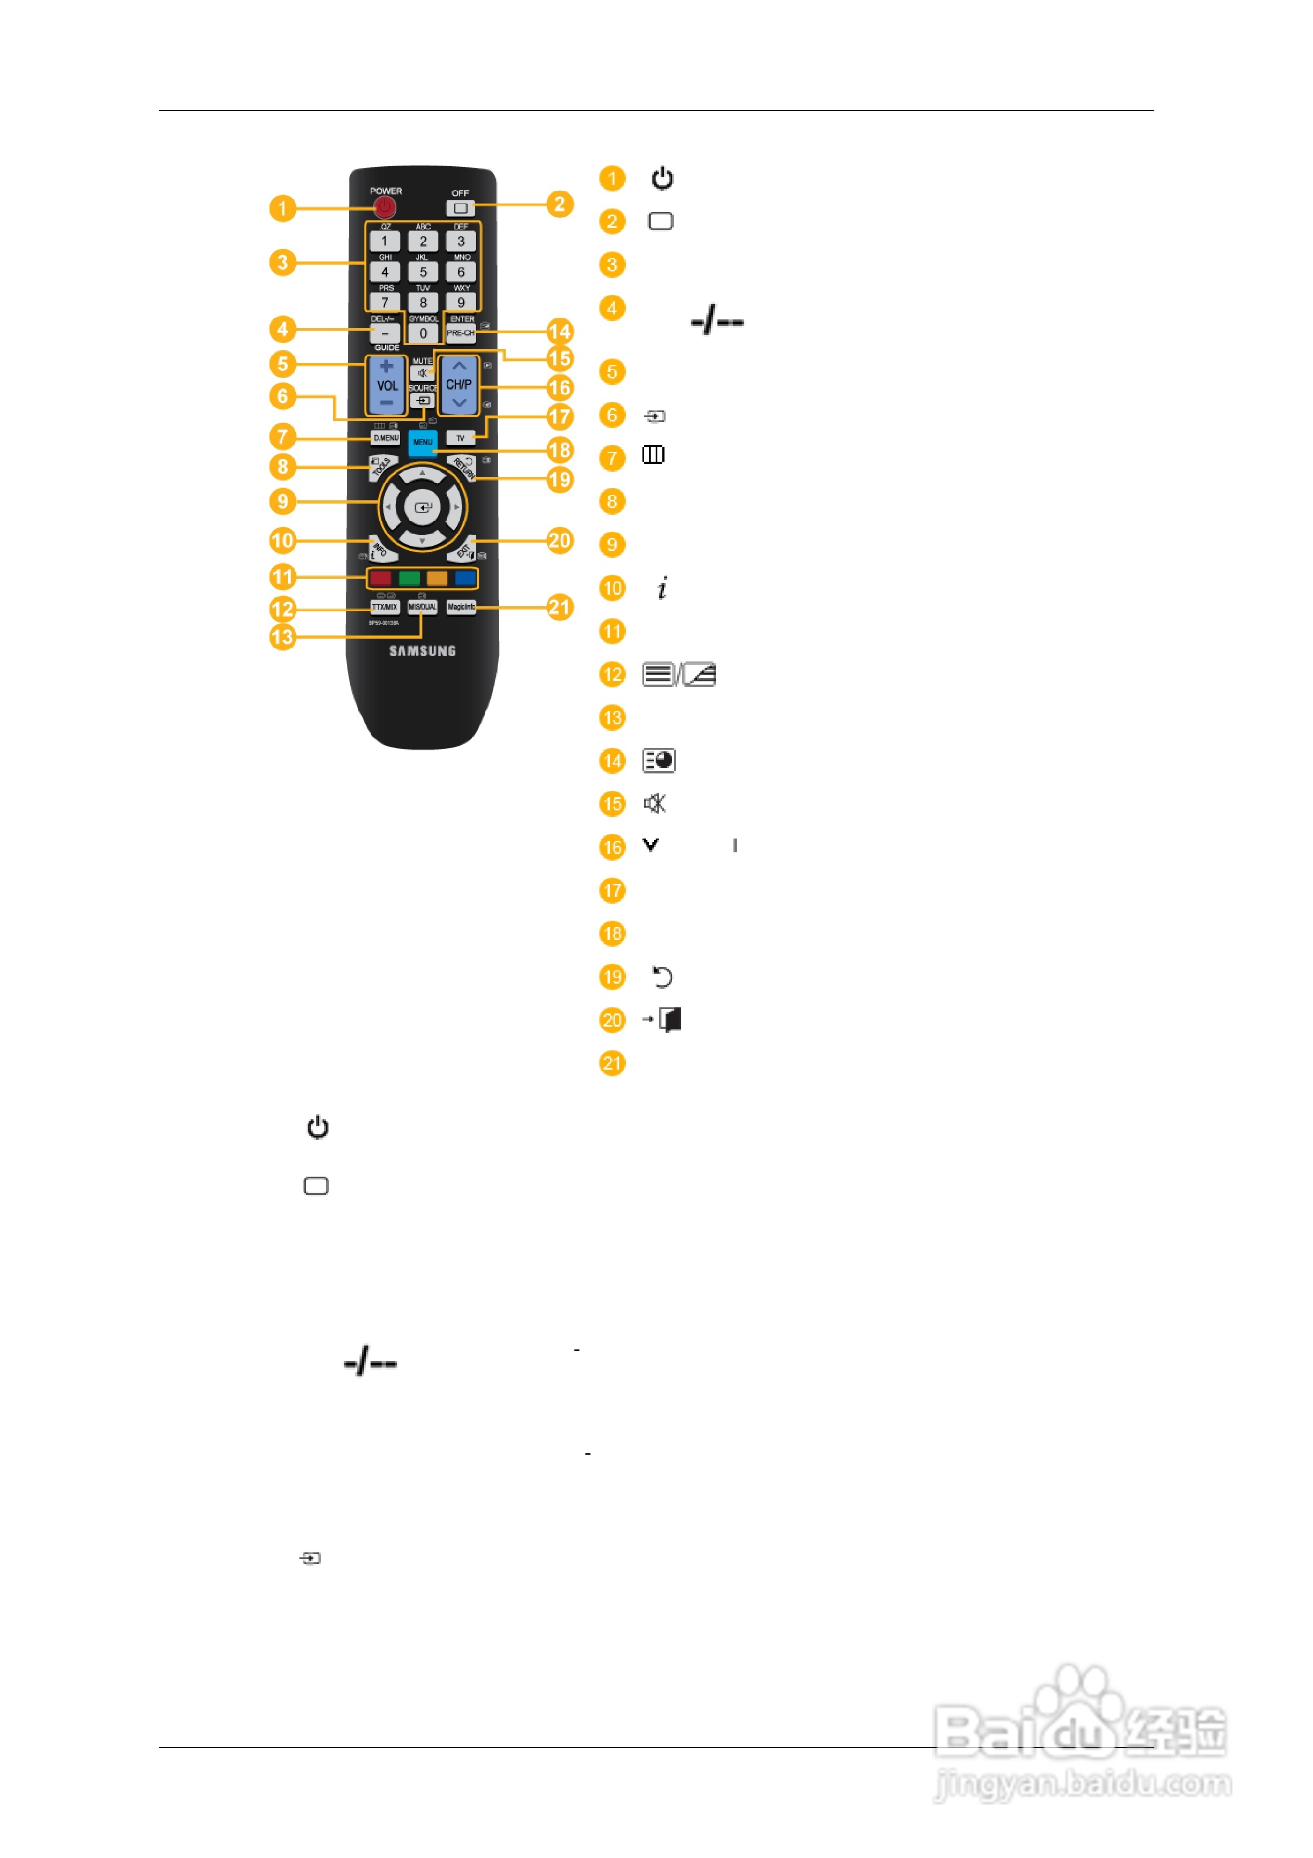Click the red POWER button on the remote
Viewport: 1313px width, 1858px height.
click(x=385, y=207)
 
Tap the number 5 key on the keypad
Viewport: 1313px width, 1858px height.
click(x=422, y=272)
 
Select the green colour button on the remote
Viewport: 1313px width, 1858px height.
click(x=409, y=578)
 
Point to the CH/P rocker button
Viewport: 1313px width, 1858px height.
click(x=459, y=385)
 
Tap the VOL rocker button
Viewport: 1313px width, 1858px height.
click(x=386, y=385)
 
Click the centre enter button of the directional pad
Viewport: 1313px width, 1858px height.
click(x=422, y=508)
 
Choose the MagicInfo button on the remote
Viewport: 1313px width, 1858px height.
click(x=460, y=607)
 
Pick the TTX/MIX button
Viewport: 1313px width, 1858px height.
click(x=384, y=607)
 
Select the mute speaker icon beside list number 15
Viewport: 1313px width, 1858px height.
click(x=655, y=804)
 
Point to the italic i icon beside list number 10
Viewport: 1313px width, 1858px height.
click(x=662, y=588)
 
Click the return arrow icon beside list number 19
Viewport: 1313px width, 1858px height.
click(x=662, y=978)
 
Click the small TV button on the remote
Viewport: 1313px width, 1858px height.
click(x=460, y=438)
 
